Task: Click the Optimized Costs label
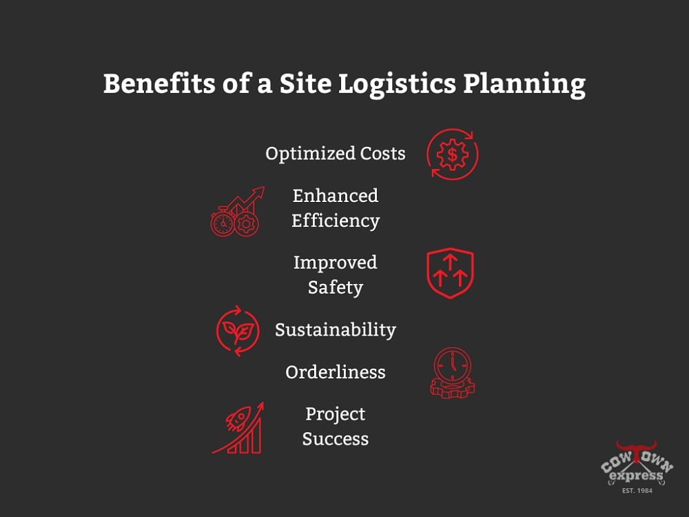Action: click(x=336, y=153)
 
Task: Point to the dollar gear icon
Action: click(x=452, y=154)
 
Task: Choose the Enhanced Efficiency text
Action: click(x=336, y=208)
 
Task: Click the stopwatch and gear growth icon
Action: click(x=236, y=212)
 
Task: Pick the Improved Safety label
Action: click(x=336, y=275)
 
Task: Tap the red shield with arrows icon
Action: click(x=450, y=274)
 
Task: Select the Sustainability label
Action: click(x=336, y=330)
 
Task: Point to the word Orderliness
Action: click(x=336, y=372)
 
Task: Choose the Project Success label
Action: click(x=336, y=426)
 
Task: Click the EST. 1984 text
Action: click(x=636, y=490)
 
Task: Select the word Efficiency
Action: click(x=336, y=221)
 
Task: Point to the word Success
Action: click(x=336, y=439)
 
